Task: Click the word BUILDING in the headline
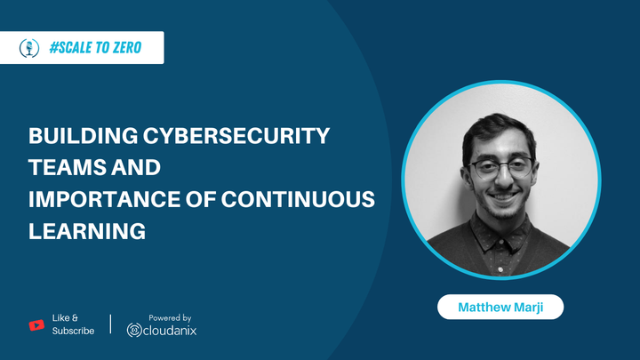[80, 137]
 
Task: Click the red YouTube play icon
[36, 324]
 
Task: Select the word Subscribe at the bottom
[74, 332]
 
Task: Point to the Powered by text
[171, 317]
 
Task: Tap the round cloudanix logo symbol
[134, 331]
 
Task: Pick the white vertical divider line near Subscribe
[110, 324]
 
